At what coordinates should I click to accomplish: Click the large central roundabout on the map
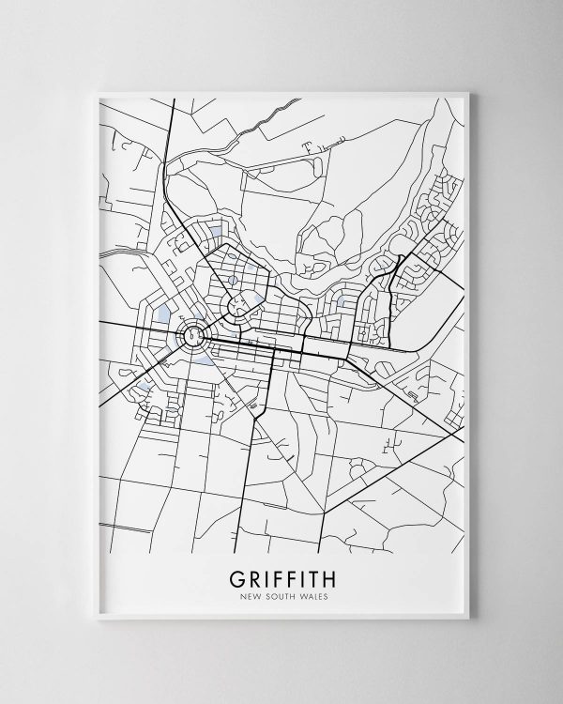click(x=194, y=334)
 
